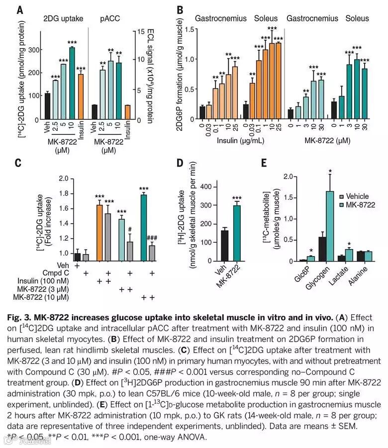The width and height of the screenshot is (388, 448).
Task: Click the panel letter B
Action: click(180, 10)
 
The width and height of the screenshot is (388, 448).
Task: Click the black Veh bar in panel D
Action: click(224, 246)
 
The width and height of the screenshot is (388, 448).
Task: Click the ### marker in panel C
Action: click(153, 238)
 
